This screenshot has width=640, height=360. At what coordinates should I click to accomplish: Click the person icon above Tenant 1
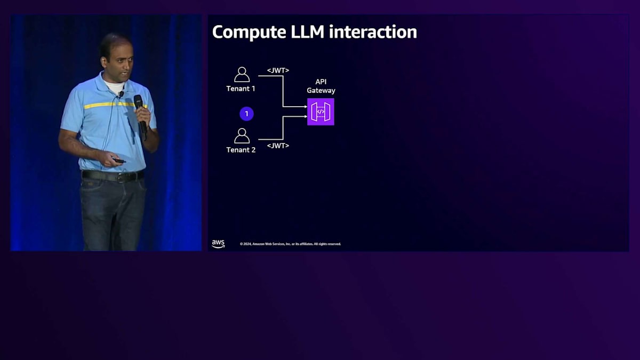pyautogui.click(x=242, y=74)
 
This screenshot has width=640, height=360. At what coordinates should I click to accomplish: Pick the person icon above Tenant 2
pyautogui.click(x=242, y=135)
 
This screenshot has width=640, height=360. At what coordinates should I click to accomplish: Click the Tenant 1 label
pyautogui.click(x=241, y=89)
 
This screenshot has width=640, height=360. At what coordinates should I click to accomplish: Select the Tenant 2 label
pyautogui.click(x=241, y=150)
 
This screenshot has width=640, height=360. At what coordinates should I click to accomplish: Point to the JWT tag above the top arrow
pyautogui.click(x=278, y=70)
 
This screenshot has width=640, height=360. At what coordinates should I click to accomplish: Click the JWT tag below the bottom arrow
pyautogui.click(x=278, y=145)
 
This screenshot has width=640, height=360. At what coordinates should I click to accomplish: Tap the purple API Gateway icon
pyautogui.click(x=321, y=111)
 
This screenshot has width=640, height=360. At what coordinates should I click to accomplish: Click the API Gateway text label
pyautogui.click(x=321, y=86)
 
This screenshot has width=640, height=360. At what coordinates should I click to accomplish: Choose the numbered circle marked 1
pyautogui.click(x=246, y=114)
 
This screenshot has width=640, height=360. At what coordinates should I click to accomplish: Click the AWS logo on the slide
pyautogui.click(x=218, y=244)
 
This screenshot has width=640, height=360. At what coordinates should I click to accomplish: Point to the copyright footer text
pyautogui.click(x=290, y=244)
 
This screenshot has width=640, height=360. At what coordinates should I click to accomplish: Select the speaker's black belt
pyautogui.click(x=113, y=175)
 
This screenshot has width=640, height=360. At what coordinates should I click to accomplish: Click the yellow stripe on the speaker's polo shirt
pyautogui.click(x=107, y=105)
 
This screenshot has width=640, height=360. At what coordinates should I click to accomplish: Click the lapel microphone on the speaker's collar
pyautogui.click(x=121, y=94)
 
